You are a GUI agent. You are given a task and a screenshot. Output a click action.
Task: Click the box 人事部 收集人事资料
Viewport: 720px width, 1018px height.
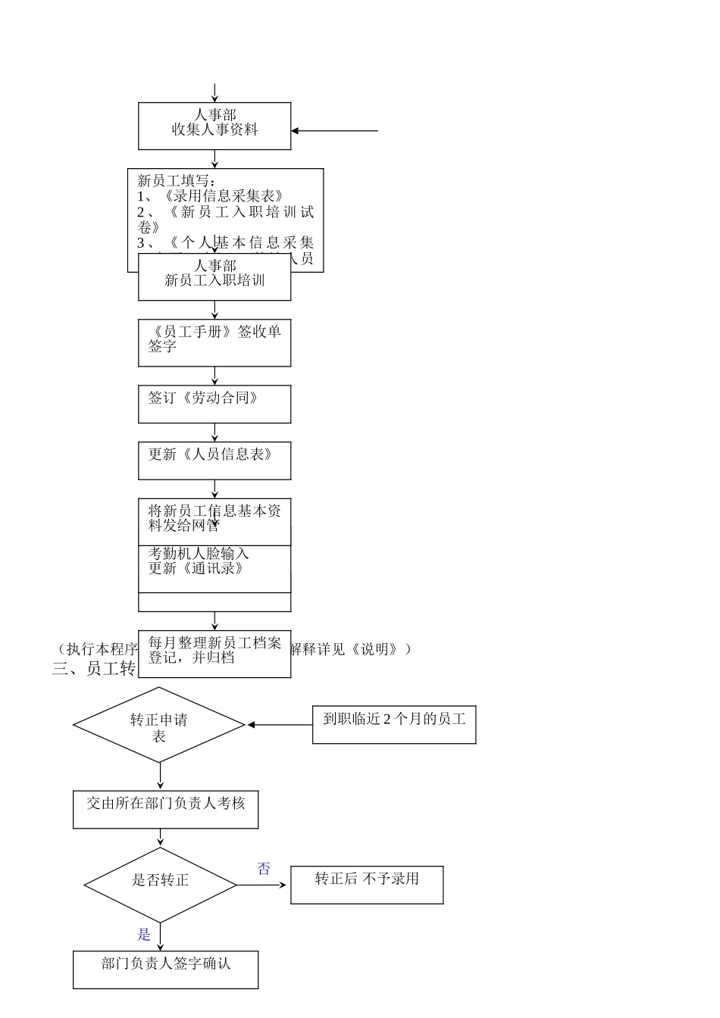coord(214,126)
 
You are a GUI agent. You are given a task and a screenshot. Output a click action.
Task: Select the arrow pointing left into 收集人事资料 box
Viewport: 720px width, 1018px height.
coord(333,131)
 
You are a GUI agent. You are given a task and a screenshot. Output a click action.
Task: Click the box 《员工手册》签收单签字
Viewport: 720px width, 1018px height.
coord(214,342)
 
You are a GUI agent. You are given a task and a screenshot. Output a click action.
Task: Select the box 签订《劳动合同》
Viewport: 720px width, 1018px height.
coord(214,404)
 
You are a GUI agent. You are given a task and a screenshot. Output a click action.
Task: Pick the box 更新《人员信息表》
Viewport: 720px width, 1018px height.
coord(214,461)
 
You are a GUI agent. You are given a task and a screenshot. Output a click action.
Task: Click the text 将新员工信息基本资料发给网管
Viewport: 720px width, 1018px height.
coord(214,518)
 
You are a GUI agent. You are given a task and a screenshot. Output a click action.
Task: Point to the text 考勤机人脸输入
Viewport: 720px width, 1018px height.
coord(199,554)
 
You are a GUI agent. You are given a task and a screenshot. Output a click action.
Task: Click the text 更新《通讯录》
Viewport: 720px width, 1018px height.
coord(196,569)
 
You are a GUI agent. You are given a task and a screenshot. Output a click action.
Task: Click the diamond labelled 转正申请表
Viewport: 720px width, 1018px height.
coord(159,725)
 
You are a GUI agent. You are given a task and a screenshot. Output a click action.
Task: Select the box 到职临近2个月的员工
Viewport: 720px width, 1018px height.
coord(394,724)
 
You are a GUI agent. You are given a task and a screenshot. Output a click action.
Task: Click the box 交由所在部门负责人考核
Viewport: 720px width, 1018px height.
coord(165,809)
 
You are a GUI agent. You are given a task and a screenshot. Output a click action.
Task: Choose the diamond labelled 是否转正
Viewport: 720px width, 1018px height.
coord(160,884)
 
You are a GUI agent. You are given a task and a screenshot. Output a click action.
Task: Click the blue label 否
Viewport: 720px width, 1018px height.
coord(264,869)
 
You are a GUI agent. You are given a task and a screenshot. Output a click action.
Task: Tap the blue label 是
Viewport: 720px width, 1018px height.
coord(144,935)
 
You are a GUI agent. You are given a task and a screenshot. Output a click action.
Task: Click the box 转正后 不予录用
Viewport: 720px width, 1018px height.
coord(367,885)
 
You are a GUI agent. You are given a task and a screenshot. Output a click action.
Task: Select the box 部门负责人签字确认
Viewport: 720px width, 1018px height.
coord(165,969)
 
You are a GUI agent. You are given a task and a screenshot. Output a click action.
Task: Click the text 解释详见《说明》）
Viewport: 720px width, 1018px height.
coord(352,649)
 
